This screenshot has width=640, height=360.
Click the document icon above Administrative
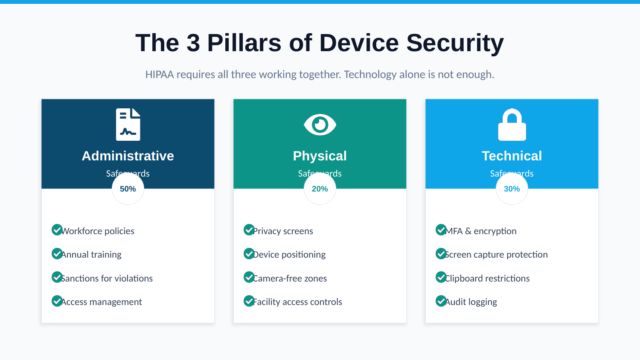128,125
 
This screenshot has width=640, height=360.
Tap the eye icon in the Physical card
320,125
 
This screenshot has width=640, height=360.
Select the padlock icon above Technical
512,125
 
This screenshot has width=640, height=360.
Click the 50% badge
128,189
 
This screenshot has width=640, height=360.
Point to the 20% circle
320,189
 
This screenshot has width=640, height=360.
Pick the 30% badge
512,189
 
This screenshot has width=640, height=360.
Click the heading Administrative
128,156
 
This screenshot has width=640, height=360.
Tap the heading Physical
320,156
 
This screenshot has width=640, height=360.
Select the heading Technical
512,156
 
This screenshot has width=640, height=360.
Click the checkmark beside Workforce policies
57,230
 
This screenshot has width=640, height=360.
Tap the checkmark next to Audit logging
441,301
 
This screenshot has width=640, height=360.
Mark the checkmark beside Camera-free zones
249,277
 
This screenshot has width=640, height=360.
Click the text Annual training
91,255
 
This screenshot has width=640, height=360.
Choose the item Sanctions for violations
107,279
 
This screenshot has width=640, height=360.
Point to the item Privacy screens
283,231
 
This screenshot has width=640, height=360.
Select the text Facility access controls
298,302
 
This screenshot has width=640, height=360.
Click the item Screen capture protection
497,255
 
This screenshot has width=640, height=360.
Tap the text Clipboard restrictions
488,279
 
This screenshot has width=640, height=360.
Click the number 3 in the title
193,43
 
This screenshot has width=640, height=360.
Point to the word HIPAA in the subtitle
160,75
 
